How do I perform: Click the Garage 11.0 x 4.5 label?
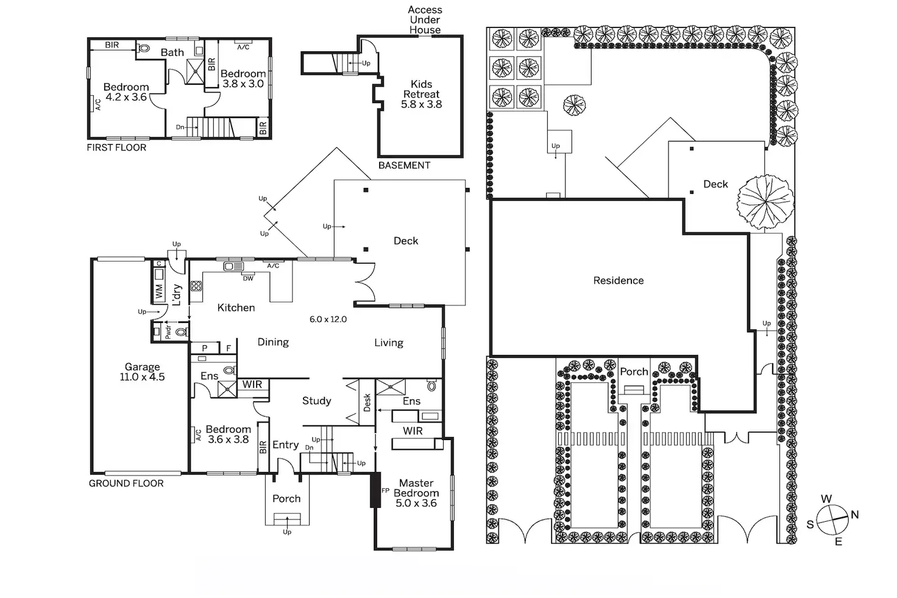coord(142,372)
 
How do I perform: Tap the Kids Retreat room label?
coord(421,94)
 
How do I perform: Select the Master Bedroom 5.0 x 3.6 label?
coord(416,493)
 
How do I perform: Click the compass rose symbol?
coord(832,520)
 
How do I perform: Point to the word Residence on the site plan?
coord(619,280)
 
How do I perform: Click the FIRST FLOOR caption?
coord(116,148)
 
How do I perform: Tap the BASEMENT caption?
coord(404,165)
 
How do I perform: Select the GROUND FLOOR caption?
coord(126,483)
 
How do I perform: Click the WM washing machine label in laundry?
coord(159,292)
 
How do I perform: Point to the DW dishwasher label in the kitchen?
coord(248,279)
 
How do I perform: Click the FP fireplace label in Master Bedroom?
coord(385,490)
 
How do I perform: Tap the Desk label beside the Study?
coord(367,402)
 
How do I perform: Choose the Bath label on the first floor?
coord(172,52)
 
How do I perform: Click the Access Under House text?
coord(425,20)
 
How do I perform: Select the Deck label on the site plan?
coord(715,184)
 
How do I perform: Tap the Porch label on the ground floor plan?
coord(286,499)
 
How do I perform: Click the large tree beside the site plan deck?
coord(765,202)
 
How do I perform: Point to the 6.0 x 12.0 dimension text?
coord(328,319)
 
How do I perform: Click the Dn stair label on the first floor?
coord(180,127)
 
